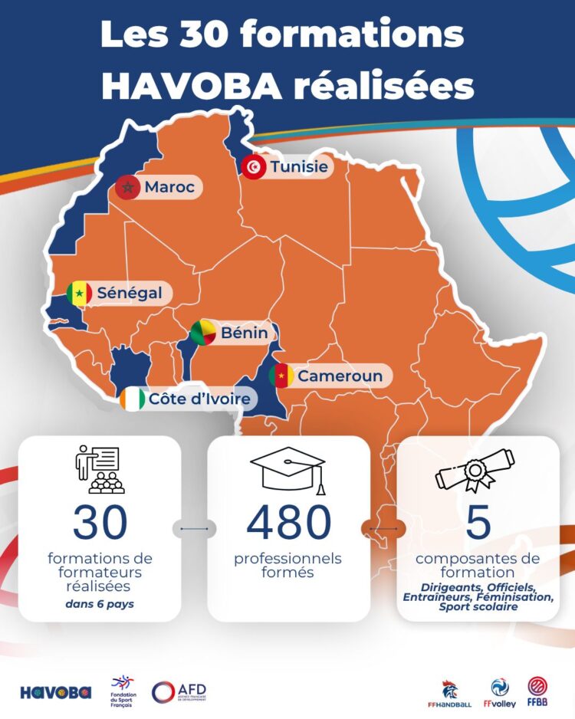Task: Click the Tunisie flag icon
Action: [x=252, y=167]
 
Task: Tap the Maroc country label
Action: [x=169, y=186]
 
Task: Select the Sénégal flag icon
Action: [x=78, y=293]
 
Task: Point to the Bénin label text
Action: [x=244, y=333]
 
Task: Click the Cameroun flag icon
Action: [x=281, y=376]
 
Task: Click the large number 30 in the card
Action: [x=100, y=523]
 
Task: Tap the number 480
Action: [x=289, y=523]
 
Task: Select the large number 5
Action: [x=478, y=523]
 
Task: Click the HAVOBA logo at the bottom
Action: [x=55, y=692]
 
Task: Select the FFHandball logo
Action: [x=452, y=693]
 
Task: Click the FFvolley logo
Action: [x=500, y=693]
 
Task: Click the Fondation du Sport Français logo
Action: [x=123, y=691]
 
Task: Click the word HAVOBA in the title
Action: [x=192, y=87]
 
